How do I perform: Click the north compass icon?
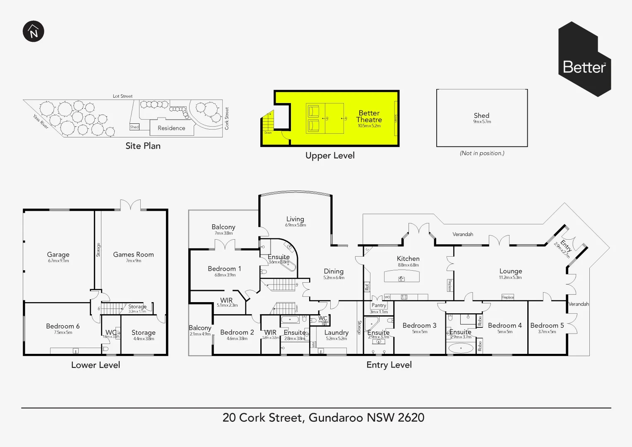34,31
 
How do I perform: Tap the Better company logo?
584,60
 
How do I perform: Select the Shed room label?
481,115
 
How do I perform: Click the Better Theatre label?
369,116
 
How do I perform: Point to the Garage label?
58,255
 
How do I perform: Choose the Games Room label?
133,255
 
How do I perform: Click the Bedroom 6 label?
62,326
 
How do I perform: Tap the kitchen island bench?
401,276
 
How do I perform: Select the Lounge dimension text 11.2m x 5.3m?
510,278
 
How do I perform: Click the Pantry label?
378,305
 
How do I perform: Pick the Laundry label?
336,332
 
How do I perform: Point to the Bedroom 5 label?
547,325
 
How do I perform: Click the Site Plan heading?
143,146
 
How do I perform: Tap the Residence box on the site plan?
171,128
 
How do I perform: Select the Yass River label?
41,121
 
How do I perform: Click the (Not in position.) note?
482,153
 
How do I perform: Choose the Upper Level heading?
330,156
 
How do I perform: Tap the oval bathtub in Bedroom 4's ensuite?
460,348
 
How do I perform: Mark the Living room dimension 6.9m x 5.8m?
295,225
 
